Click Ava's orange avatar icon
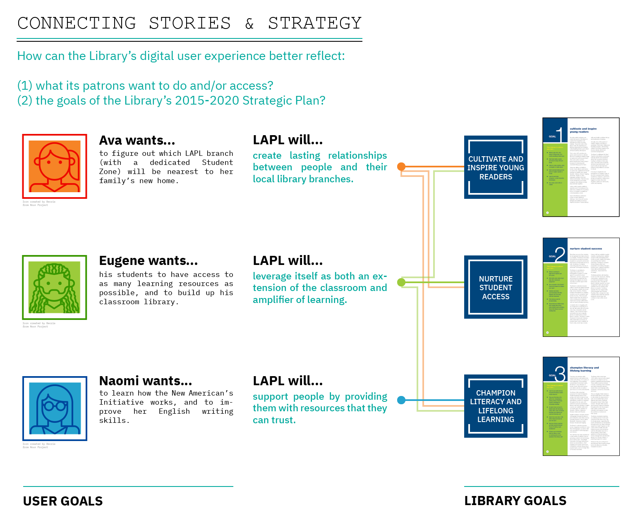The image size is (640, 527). point(55,166)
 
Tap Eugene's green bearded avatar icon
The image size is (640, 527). point(55,287)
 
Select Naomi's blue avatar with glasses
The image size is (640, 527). point(55,408)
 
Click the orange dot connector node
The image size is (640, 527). point(401,167)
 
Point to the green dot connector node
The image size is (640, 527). point(401,282)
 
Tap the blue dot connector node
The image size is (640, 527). point(401,400)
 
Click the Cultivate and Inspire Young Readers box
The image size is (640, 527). point(496,167)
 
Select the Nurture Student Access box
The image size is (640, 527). point(496,287)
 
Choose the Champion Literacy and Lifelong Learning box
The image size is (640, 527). point(496,406)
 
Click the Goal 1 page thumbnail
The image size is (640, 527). point(581,167)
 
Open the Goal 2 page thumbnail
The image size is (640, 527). point(581,287)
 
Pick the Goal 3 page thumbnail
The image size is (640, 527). point(581,406)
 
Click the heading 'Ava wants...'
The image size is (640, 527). point(137,141)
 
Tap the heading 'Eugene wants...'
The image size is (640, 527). point(148,261)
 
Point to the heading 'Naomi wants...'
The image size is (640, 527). point(145,381)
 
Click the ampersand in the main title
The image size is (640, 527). point(249,24)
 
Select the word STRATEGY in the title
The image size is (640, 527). point(315,24)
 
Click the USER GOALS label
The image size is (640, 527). point(63,501)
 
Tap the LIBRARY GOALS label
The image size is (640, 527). point(515,501)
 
